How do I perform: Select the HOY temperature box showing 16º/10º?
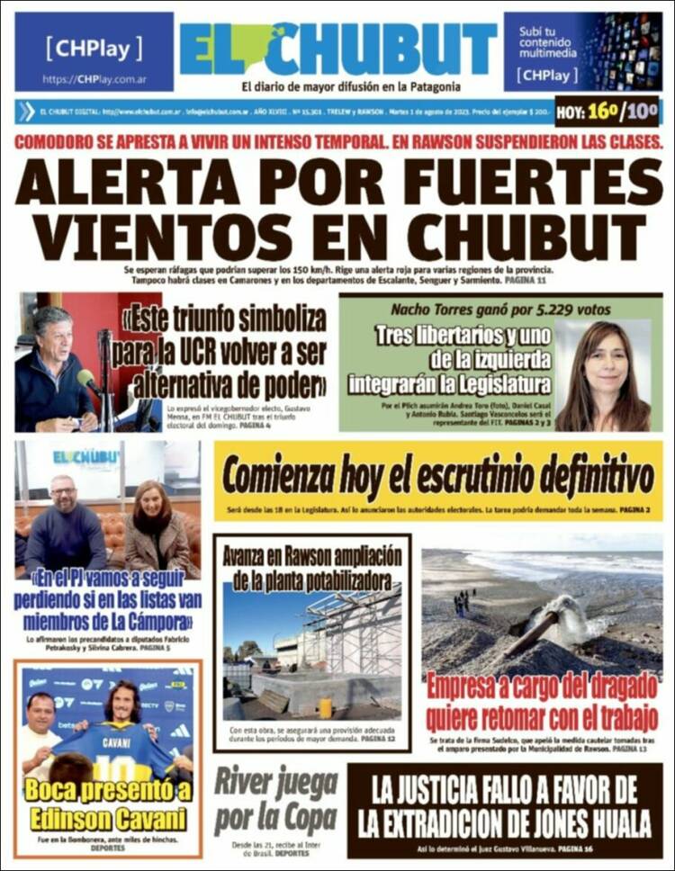click(608, 112)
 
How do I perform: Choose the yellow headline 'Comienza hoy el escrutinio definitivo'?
click(438, 478)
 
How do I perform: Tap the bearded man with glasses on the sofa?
click(65, 526)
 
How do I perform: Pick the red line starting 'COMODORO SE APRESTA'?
click(337, 141)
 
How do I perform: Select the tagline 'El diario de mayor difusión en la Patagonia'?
click(351, 87)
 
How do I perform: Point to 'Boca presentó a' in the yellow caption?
click(107, 791)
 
